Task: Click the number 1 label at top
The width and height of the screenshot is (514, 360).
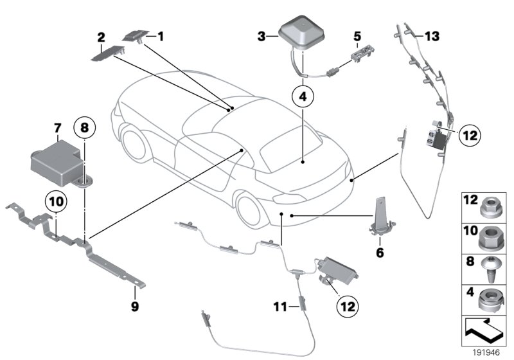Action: (x=161, y=37)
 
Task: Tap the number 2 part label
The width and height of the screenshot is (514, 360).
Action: (x=101, y=37)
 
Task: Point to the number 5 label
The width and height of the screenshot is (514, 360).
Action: (x=357, y=37)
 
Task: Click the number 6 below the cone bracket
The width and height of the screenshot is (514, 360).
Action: (x=380, y=253)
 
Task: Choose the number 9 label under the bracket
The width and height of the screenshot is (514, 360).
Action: (x=135, y=307)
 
